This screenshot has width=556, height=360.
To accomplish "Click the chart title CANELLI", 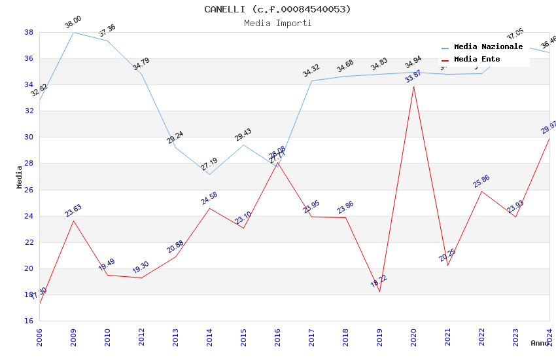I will click(x=277, y=9).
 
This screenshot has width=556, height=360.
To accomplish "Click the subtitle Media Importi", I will click(x=277, y=23).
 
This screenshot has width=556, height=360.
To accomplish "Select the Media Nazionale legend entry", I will click(x=488, y=47).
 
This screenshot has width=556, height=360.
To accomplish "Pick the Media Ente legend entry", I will click(x=477, y=60).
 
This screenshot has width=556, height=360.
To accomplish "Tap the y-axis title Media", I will click(x=20, y=177).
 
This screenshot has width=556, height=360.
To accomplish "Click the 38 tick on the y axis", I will click(x=29, y=32).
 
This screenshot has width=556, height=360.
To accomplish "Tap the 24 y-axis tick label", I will click(x=29, y=216).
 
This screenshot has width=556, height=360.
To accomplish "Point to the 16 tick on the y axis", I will click(x=29, y=321).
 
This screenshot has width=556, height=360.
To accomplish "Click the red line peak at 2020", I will click(x=413, y=86).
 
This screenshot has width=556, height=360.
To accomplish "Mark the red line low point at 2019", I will click(x=379, y=291).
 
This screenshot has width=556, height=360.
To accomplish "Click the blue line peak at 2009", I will click(x=73, y=32).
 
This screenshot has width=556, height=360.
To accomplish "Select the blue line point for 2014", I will click(x=209, y=174).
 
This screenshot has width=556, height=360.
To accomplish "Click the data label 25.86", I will click(x=481, y=181).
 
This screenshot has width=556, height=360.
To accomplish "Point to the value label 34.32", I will click(x=311, y=71).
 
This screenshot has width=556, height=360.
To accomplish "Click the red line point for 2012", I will click(x=141, y=278).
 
